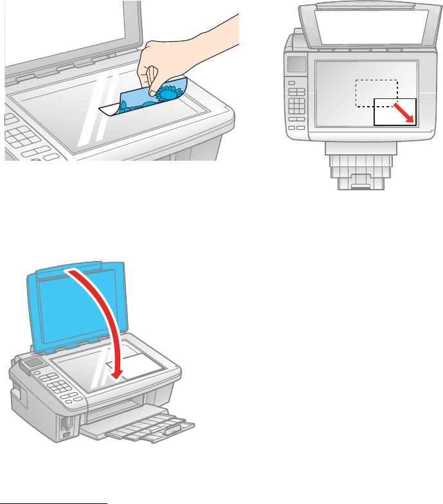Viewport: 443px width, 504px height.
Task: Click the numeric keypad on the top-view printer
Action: pyautogui.click(x=297, y=105)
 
